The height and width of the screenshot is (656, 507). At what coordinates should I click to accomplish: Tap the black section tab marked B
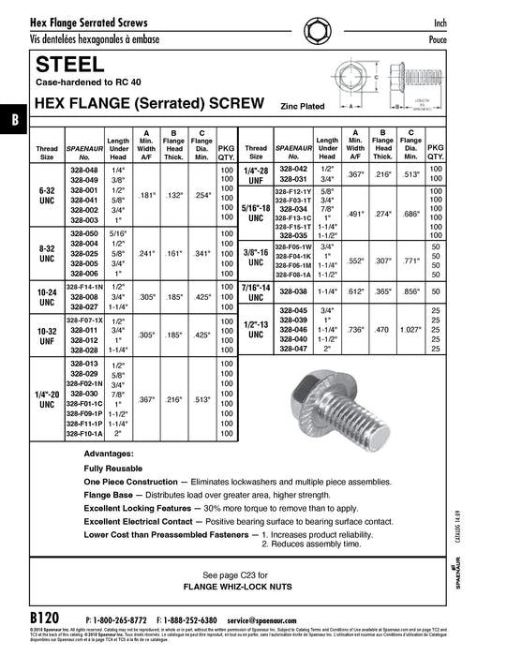tap(12, 119)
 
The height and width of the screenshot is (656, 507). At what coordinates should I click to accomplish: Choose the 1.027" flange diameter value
tap(413, 329)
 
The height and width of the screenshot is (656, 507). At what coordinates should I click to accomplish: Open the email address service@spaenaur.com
tap(270, 620)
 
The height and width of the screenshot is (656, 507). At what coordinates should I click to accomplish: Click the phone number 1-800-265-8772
tap(117, 620)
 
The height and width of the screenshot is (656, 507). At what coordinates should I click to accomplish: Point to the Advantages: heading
tap(109, 453)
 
